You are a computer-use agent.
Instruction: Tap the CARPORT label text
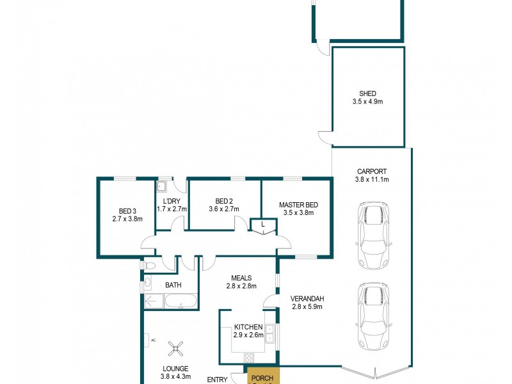point(371,172)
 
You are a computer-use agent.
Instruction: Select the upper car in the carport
point(372,235)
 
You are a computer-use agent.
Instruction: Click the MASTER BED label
point(298,205)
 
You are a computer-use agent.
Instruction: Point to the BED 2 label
point(224,200)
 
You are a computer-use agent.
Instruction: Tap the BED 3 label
point(127,211)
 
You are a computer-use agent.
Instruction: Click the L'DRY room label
point(172,200)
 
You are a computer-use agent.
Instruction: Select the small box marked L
point(263,225)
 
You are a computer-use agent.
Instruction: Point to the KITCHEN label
point(248,327)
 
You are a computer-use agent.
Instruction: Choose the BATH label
point(173,285)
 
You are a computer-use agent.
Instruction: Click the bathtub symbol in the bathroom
point(180,301)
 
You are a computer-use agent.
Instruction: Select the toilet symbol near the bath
point(149,264)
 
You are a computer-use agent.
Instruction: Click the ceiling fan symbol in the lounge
point(175,348)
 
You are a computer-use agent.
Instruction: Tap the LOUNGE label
point(175,369)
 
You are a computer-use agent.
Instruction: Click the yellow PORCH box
point(262,378)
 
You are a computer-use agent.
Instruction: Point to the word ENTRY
point(218,380)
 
